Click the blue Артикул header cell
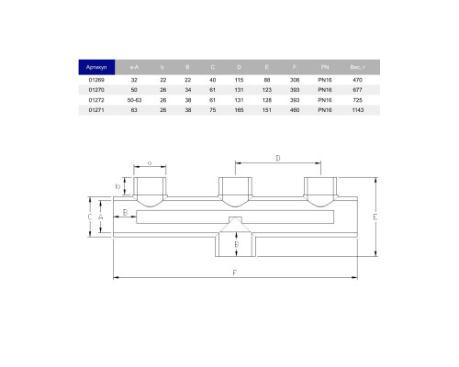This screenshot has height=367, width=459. pos(96,67)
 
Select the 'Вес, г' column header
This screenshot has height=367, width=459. pos(357,67)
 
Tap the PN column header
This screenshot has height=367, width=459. pos(325,67)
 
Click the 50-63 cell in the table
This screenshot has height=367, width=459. pos(134,100)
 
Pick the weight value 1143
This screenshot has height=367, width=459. pos(357,110)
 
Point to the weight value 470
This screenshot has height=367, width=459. pos(357,80)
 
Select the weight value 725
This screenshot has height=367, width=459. pos(357,100)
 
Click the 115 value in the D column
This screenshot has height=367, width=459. pos(239,80)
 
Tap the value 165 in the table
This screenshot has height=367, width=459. pos(239,110)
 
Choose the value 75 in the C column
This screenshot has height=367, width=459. pos(213,110)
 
